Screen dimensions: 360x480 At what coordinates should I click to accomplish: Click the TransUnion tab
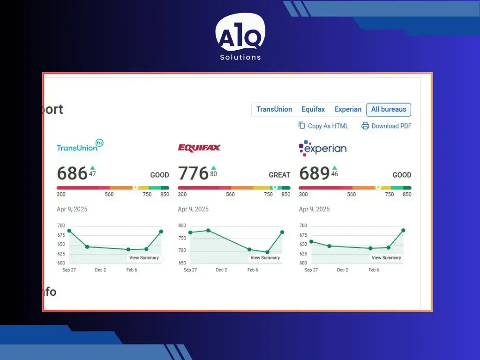[274, 109]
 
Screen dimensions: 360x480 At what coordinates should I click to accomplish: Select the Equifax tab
[313, 109]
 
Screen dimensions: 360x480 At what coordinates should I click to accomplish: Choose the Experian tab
[348, 109]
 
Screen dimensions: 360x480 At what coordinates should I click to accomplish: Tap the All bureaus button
[389, 110]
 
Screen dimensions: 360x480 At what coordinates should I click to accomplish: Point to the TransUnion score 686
[72, 173]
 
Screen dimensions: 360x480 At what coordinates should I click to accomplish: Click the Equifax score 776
[193, 173]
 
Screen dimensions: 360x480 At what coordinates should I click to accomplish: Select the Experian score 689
[314, 173]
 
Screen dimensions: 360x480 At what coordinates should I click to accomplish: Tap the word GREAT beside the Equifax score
[279, 175]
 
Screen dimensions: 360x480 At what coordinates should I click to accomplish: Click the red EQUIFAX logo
[199, 148]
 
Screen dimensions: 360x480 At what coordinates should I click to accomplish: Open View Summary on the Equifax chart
[265, 258]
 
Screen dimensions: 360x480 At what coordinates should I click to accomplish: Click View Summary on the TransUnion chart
[144, 258]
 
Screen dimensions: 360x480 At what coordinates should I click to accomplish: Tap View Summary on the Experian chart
[386, 258]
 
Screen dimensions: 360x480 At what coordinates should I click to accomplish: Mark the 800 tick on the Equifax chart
[182, 225]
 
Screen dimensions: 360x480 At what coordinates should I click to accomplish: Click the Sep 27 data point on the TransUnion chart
[69, 231]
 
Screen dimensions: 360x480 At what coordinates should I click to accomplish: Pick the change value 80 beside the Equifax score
[213, 174]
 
